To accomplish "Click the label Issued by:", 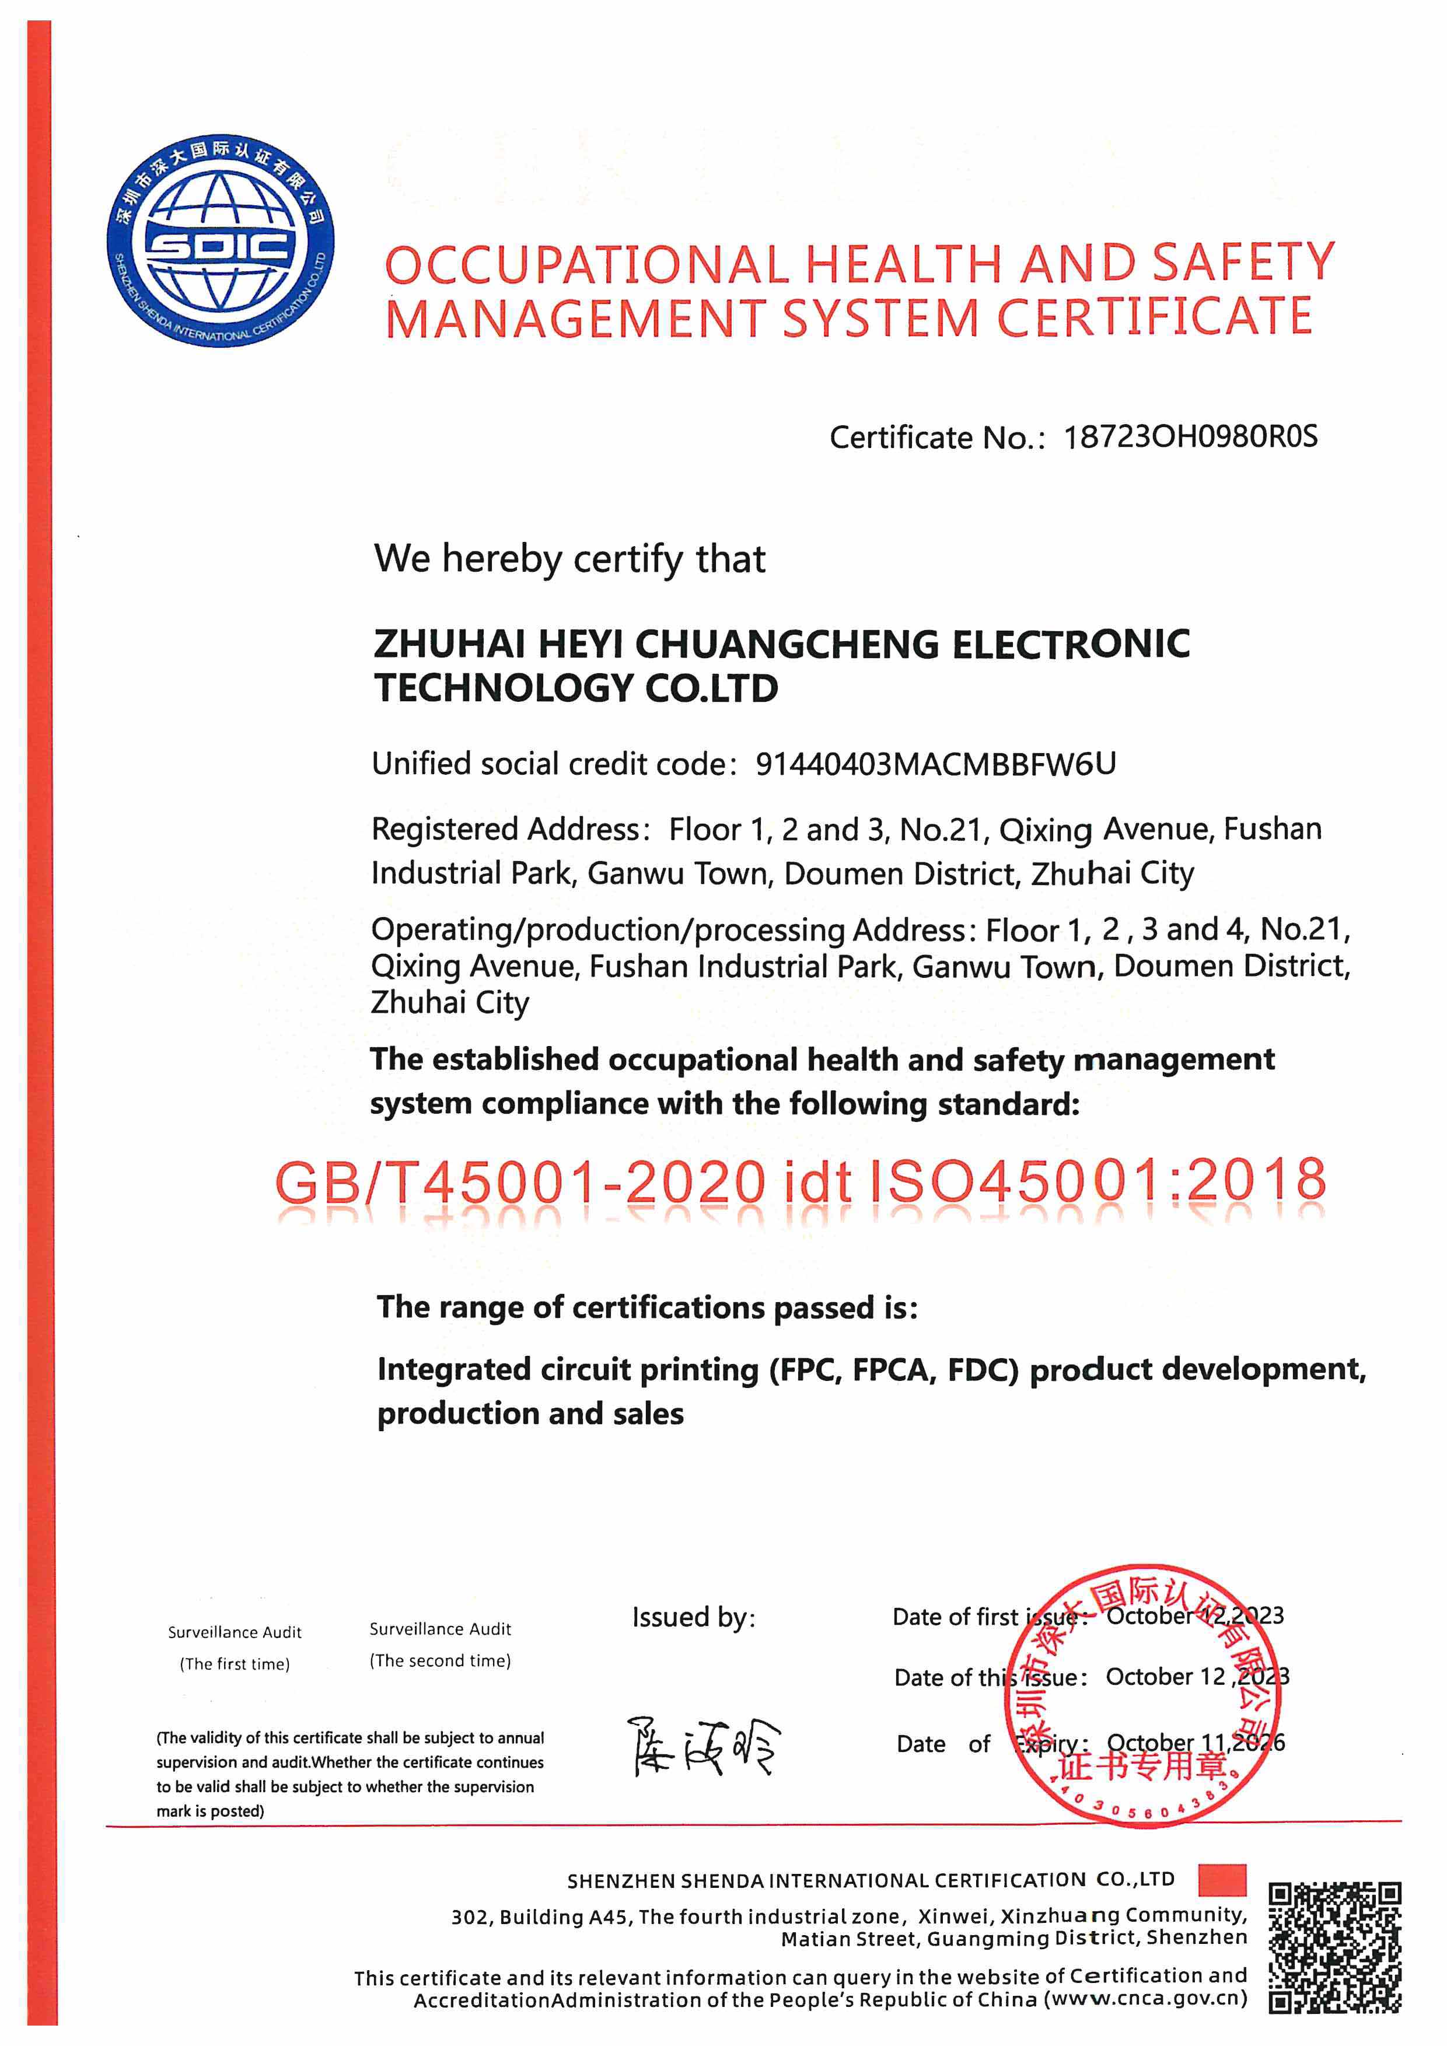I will click(693, 1617).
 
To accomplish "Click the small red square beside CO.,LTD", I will click(1222, 1879).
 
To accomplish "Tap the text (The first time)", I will click(235, 1664).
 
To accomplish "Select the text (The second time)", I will click(440, 1660).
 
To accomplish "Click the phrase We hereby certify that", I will click(569, 559).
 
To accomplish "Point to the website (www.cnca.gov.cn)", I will click(1147, 1999).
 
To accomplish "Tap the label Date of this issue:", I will click(991, 1678).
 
